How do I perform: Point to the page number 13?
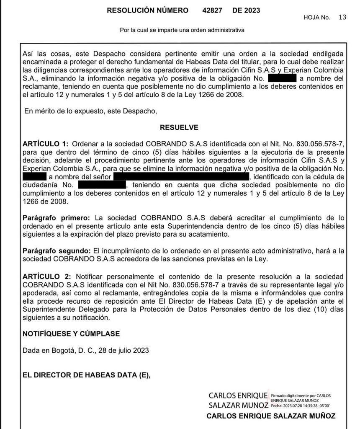tap(342, 17)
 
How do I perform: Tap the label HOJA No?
tap(317, 18)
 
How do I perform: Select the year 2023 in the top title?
tap(251, 10)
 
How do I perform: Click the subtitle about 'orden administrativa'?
tap(182, 30)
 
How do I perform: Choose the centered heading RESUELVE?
tap(179, 127)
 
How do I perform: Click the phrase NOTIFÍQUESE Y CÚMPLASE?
tap(71, 334)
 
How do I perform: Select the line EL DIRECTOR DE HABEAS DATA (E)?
tap(86, 375)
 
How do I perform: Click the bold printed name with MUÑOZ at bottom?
tap(271, 416)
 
